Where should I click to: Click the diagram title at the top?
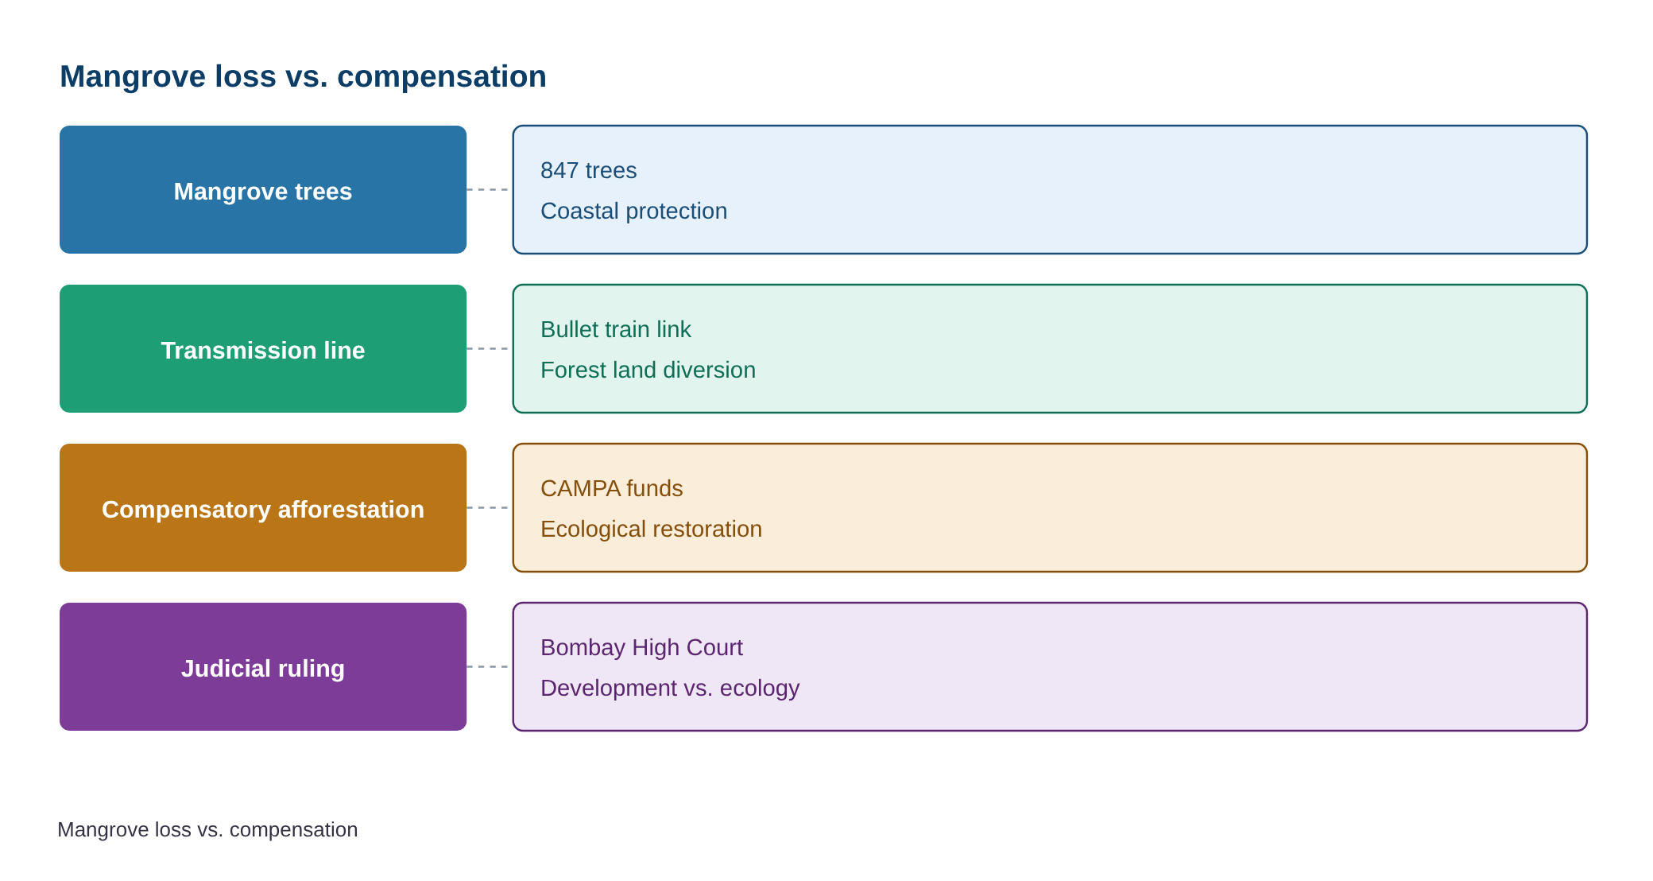tap(303, 77)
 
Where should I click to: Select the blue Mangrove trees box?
tap(263, 190)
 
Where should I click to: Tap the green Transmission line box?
tap(263, 349)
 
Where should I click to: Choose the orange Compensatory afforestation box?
tap(263, 508)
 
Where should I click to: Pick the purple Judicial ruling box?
tap(263, 667)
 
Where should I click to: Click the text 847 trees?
tap(589, 171)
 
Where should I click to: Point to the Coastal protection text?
tap(634, 212)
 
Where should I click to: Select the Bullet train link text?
tap(616, 330)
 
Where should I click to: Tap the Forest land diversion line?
tap(648, 371)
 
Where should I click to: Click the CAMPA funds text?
tap(612, 489)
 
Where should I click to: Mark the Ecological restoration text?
tap(651, 530)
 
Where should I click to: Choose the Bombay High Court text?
tap(641, 648)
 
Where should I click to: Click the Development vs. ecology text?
tap(670, 689)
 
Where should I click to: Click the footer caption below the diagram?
tap(207, 830)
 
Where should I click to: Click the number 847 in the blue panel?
tap(559, 171)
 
